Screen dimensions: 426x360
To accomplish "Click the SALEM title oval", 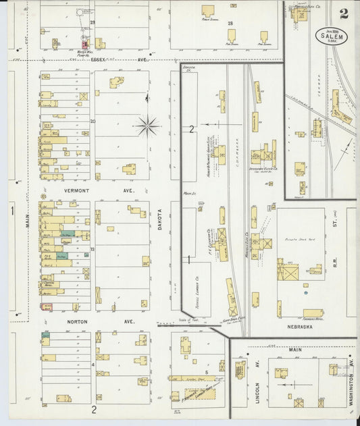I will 332,36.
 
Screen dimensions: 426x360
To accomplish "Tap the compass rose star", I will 147,125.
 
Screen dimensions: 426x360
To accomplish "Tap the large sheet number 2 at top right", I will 344,13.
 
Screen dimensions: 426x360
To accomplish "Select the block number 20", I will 93,121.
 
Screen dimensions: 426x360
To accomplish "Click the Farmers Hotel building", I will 313,313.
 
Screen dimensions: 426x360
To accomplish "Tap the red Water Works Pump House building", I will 84,43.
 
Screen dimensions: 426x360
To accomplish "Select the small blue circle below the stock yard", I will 305,293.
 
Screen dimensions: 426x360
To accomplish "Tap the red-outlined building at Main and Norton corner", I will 47,307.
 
